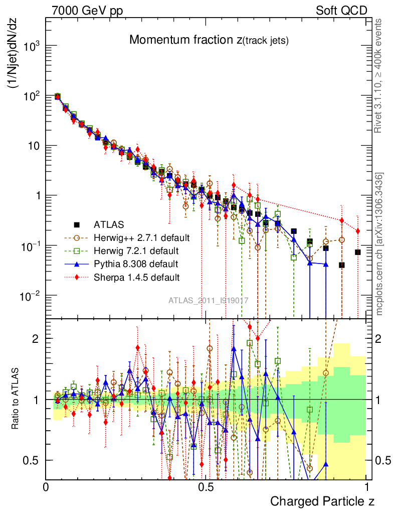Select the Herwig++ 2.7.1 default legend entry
click(141, 237)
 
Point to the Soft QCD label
click(341, 11)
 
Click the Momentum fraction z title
click(209, 40)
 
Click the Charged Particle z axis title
click(322, 501)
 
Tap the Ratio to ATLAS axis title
click(17, 400)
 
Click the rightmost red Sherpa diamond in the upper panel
click(358, 231)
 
